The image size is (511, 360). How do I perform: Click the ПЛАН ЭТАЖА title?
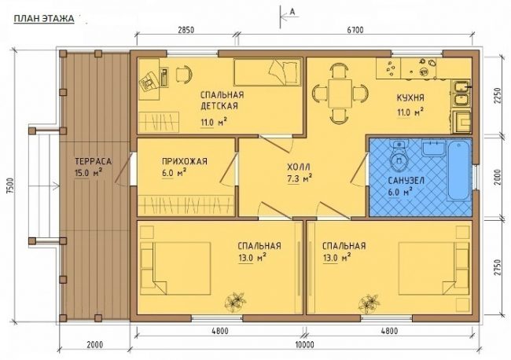point(44,19)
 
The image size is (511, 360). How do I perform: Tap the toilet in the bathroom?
point(399,156)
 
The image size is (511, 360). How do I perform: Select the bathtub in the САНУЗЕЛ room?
point(459,171)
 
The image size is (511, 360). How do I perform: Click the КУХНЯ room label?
point(410,97)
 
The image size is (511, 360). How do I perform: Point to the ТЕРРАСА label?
point(94,161)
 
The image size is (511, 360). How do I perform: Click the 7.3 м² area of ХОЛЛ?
point(300,179)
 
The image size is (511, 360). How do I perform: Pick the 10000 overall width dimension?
point(305,344)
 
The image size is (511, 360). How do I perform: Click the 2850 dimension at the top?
point(186,31)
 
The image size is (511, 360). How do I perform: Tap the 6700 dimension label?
point(355,31)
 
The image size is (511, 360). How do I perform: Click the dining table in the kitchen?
point(340,94)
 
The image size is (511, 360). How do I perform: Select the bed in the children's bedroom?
point(267,72)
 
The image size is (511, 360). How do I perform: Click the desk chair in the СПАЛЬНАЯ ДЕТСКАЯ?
point(183,74)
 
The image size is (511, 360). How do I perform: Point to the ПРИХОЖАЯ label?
point(185,161)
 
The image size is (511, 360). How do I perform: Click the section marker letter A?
point(292,12)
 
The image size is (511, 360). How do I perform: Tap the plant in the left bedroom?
point(234,301)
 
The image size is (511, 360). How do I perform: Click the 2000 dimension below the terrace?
point(95,344)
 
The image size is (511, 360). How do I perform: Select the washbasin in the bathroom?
point(433,149)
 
